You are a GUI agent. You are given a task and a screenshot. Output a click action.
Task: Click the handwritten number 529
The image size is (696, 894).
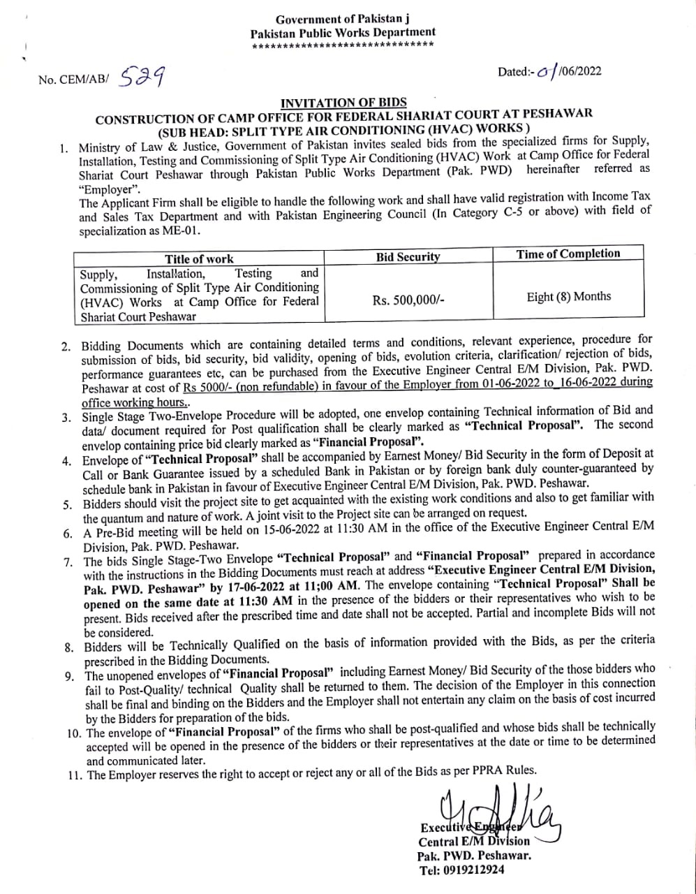(x=142, y=74)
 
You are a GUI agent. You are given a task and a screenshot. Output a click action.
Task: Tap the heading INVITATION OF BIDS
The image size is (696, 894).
(x=343, y=103)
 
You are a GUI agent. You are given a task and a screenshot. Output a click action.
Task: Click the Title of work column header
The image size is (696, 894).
(x=199, y=258)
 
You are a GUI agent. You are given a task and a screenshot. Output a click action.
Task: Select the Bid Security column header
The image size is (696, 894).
(x=408, y=257)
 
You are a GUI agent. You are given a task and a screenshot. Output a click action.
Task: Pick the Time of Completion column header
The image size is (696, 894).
(x=568, y=254)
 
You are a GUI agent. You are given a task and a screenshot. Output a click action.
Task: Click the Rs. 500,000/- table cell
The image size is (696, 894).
(x=408, y=300)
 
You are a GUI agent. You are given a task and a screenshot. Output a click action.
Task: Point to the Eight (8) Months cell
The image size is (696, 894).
(x=568, y=297)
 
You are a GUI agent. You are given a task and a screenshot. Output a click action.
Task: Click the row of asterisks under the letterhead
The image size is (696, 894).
(x=343, y=45)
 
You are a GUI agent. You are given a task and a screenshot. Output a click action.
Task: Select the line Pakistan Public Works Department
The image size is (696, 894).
(x=343, y=32)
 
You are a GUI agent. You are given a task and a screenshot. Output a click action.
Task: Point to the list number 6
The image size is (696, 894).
(x=68, y=534)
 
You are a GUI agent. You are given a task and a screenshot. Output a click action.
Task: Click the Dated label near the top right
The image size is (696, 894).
(x=516, y=72)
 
